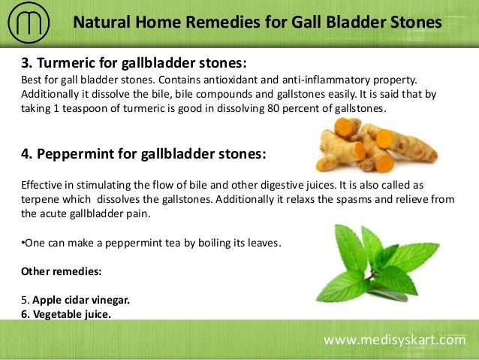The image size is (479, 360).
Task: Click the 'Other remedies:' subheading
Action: (x=58, y=271)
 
